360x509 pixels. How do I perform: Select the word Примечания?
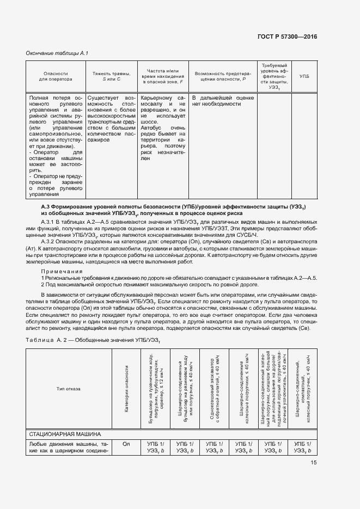(62, 271)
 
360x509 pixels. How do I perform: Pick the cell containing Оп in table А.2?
(126, 445)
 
